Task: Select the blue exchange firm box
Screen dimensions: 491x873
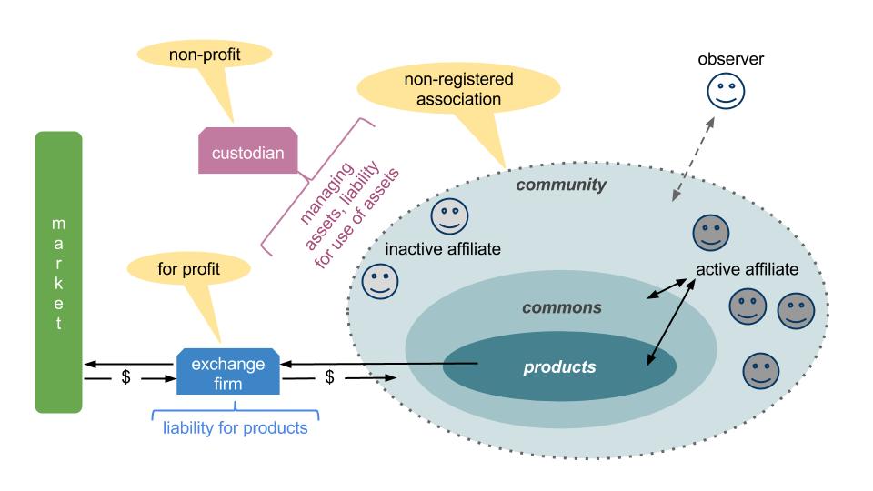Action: click(228, 373)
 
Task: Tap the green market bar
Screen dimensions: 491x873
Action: click(58, 272)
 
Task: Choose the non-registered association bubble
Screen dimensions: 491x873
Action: click(458, 89)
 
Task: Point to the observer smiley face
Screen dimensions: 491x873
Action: click(727, 91)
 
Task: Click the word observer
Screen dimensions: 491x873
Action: click(730, 60)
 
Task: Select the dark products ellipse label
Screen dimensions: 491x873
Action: click(559, 367)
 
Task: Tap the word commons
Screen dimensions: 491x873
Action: click(561, 307)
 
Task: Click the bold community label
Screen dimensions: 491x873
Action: click(561, 185)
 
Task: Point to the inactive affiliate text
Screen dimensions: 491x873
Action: click(443, 248)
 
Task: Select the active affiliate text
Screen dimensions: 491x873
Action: click(747, 270)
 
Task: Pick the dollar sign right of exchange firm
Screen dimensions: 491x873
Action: click(331, 376)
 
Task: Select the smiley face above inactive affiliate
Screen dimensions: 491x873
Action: click(448, 215)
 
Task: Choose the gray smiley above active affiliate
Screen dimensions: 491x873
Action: click(711, 233)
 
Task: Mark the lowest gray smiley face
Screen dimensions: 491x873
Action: click(761, 370)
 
